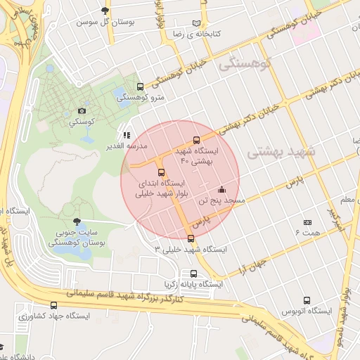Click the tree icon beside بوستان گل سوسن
pyautogui.click(x=105, y=11)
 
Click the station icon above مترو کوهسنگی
pyautogui.click(x=140, y=86)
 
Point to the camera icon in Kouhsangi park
pyautogui.click(x=82, y=111)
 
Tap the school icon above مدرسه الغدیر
pyautogui.click(x=127, y=134)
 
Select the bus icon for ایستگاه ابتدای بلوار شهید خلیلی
pyautogui.click(x=161, y=172)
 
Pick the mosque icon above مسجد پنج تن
pyautogui.click(x=222, y=189)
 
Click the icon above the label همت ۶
pyautogui.click(x=307, y=221)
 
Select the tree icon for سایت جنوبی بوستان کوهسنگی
pyautogui.click(x=77, y=221)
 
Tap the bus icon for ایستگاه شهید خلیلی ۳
pyautogui.click(x=191, y=238)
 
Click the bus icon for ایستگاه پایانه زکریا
pyautogui.click(x=193, y=274)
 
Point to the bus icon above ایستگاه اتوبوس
pyautogui.click(x=306, y=300)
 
